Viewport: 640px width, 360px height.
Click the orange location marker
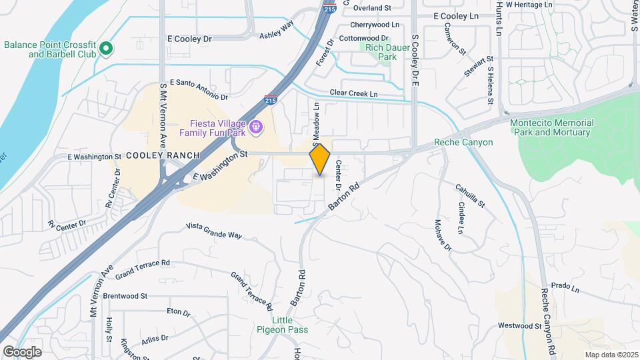320,159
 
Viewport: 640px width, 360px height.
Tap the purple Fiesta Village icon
255,125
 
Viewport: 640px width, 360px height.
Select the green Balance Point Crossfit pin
106,48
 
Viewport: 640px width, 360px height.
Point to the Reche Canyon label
463,142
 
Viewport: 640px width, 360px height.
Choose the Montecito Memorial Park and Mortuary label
551,127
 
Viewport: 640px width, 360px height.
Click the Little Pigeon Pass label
276,325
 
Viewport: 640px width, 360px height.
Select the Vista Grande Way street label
213,231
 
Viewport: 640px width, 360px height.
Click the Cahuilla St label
470,196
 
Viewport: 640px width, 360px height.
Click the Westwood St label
520,326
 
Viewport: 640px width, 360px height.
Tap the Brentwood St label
125,295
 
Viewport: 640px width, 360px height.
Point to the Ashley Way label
277,31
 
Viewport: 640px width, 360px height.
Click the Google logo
22,352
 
